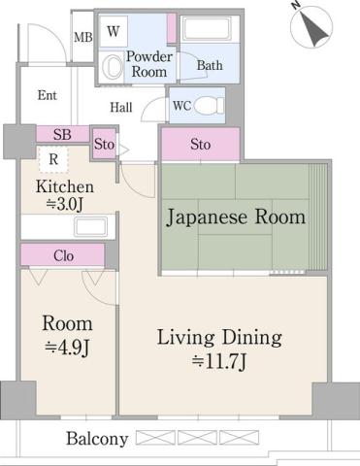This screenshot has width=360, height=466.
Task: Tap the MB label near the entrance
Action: point(82,39)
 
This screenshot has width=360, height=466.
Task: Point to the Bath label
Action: point(211,66)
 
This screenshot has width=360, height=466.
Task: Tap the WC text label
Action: point(181,105)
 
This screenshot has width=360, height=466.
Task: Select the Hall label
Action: point(121,108)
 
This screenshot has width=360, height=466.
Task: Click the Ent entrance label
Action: point(47,95)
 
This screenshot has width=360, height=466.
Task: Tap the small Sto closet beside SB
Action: point(105,145)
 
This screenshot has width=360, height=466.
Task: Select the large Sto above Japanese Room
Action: point(200,145)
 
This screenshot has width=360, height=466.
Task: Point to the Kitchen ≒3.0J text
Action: point(65,195)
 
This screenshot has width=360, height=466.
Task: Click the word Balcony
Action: point(97,439)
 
